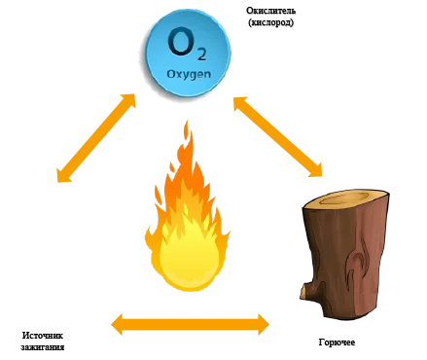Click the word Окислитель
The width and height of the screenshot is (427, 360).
270,11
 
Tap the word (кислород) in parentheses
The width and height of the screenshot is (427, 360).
270,22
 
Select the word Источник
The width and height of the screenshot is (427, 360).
43,335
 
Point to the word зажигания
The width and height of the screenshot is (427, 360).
43,347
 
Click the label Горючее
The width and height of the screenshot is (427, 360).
337,342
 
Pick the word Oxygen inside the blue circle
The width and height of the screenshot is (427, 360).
189,74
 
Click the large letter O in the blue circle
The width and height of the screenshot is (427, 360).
179,42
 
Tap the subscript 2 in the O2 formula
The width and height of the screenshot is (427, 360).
201,54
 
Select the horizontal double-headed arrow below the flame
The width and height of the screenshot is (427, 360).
190,324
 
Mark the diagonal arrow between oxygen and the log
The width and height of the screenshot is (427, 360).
278,136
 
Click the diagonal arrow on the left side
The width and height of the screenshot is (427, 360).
96,138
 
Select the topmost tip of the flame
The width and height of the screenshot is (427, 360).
187,121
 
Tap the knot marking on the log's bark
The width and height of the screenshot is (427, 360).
357,256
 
